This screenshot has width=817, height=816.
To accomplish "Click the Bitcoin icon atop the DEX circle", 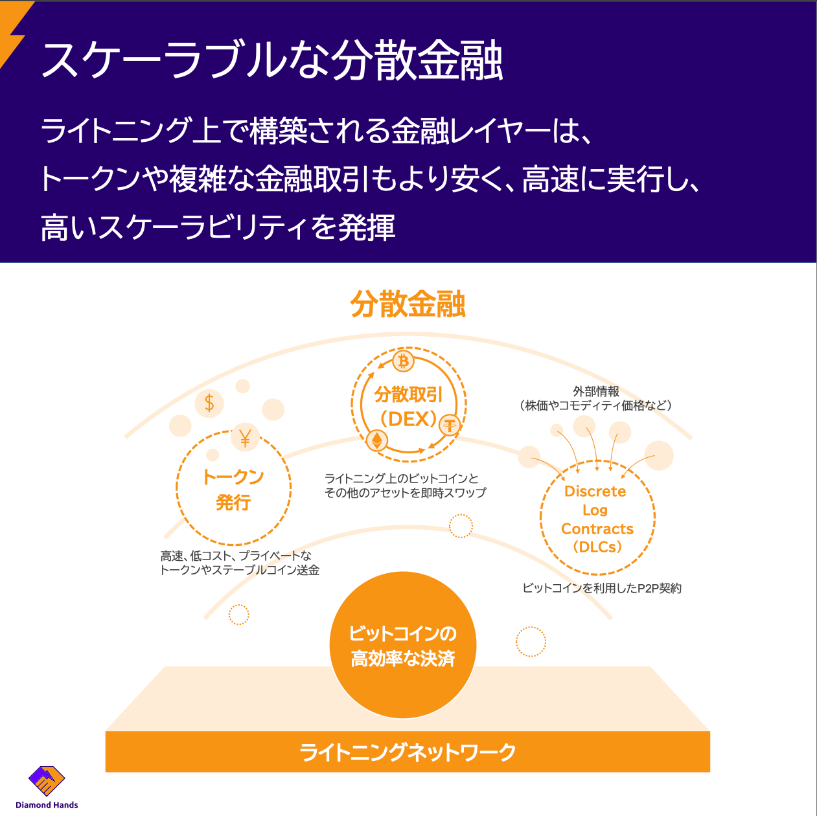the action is (404, 361).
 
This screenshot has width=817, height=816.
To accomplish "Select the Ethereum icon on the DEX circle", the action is (377, 441).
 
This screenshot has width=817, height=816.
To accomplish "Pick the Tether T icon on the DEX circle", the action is (449, 425).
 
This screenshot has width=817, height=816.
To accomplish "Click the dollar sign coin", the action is (209, 403).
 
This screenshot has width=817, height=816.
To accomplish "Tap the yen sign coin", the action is (245, 438).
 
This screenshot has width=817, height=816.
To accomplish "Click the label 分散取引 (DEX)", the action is (408, 407).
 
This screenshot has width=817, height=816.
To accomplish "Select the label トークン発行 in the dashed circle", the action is (233, 489).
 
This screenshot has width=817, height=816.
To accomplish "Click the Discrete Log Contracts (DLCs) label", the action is (597, 519).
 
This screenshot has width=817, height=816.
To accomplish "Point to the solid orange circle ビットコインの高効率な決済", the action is (403, 645).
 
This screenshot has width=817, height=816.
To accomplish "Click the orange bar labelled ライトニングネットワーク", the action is (408, 752).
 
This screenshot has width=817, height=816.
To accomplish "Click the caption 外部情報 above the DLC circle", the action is (596, 391).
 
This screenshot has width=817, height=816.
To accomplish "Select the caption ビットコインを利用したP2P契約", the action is (602, 588).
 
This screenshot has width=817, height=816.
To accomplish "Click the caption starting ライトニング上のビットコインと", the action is (405, 486).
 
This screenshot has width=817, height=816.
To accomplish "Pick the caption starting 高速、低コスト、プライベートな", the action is (239, 563).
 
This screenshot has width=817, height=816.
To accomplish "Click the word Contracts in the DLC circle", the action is (597, 528).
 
